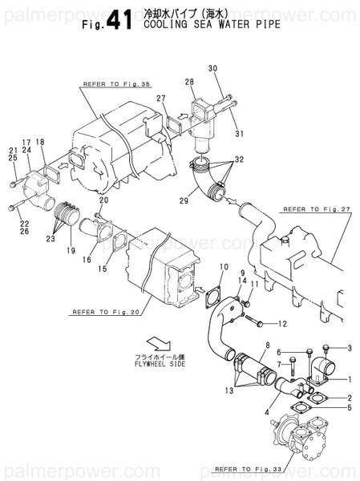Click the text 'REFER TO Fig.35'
116,84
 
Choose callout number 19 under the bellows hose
71,250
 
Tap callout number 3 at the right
350,347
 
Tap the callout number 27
161,99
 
